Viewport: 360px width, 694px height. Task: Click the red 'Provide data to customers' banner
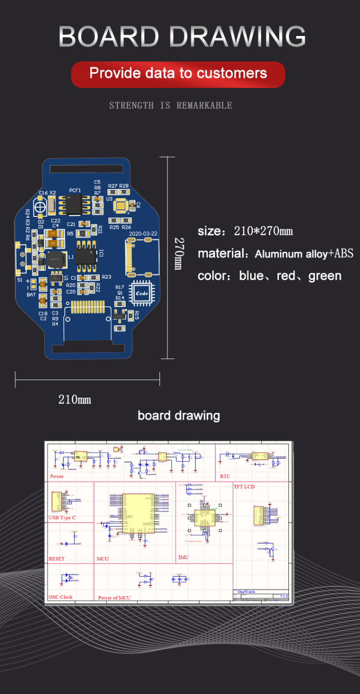click(178, 74)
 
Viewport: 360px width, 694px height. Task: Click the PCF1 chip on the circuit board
click(75, 205)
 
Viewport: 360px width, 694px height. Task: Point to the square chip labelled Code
click(142, 293)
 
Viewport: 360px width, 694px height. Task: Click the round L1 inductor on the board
click(53, 258)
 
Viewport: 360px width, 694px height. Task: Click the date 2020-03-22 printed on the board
click(143, 234)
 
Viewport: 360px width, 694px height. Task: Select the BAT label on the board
click(31, 295)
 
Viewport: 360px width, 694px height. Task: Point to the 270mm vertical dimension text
click(178, 253)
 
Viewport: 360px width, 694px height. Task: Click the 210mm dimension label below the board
click(74, 399)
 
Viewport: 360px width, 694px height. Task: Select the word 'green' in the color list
click(325, 276)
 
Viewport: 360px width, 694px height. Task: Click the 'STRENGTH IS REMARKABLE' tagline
click(170, 105)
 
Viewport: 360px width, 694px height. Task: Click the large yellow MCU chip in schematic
click(138, 513)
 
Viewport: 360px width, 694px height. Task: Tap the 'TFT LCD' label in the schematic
click(244, 487)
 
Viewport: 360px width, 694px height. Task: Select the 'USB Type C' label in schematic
click(62, 518)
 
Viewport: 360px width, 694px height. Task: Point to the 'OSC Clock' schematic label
click(60, 597)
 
